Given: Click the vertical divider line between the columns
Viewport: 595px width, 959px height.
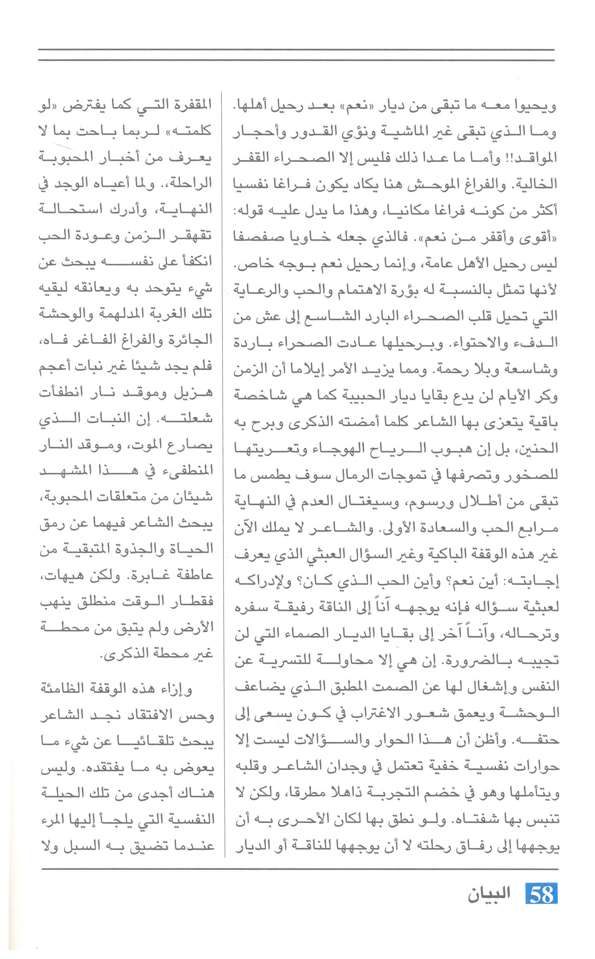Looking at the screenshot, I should [224, 472].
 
